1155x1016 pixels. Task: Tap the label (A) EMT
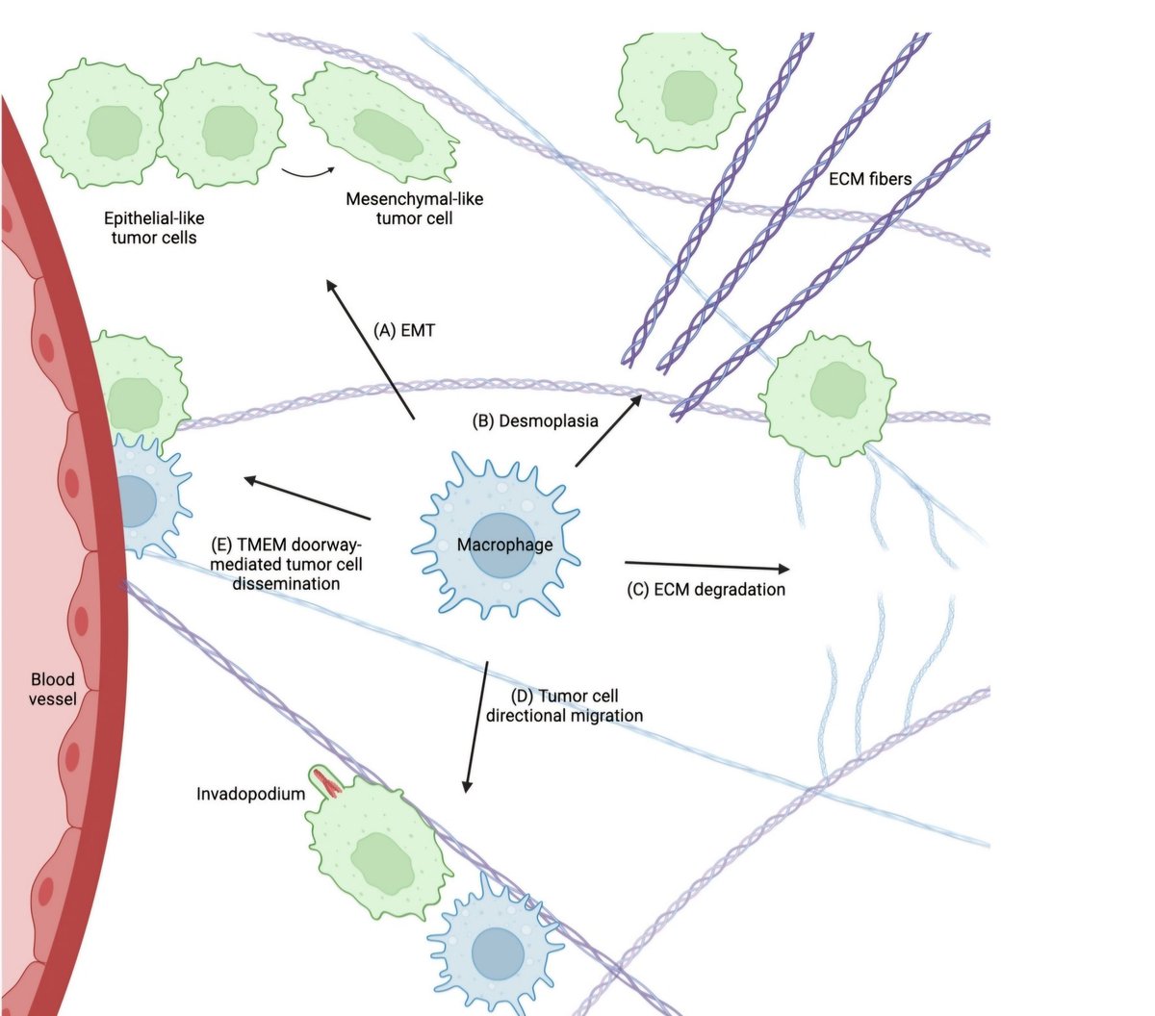[404, 330]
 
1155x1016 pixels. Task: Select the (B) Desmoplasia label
[535, 420]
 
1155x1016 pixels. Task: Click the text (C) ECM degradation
[706, 589]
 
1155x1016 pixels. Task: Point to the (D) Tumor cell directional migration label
[565, 705]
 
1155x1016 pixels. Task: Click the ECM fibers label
[869, 178]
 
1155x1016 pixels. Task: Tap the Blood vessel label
[52, 689]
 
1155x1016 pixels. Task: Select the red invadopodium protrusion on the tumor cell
[328, 784]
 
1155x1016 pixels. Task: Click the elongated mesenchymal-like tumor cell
[376, 124]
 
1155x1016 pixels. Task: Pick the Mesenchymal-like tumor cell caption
[415, 209]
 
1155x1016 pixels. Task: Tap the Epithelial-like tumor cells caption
[154, 228]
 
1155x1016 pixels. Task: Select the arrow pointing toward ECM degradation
[706, 565]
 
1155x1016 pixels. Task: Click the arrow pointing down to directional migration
[476, 726]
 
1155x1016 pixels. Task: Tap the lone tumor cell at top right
[680, 94]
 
